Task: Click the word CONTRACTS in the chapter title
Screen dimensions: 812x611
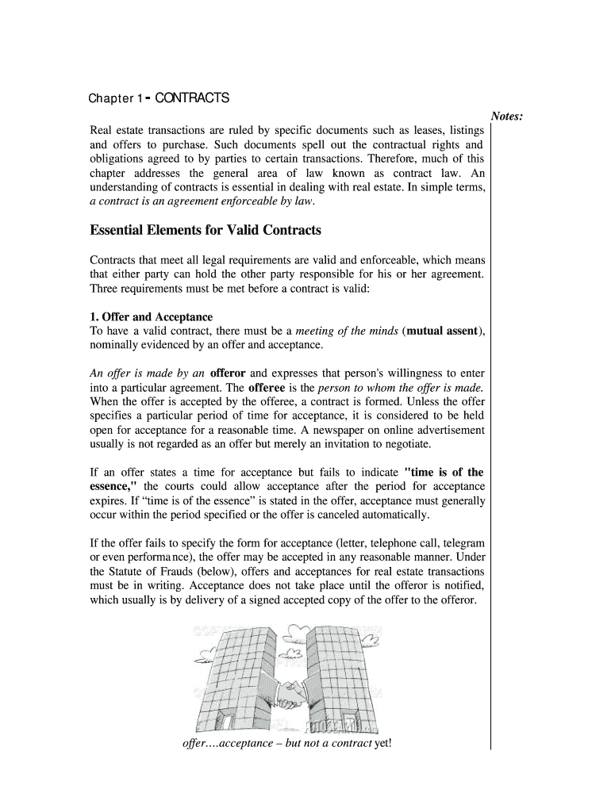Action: pyautogui.click(x=192, y=98)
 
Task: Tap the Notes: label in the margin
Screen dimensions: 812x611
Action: pyautogui.click(x=506, y=117)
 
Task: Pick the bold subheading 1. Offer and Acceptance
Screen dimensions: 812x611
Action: pyautogui.click(x=151, y=317)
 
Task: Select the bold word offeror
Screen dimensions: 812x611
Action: pyautogui.click(x=229, y=373)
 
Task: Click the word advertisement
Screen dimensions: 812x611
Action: pyautogui.click(x=446, y=430)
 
